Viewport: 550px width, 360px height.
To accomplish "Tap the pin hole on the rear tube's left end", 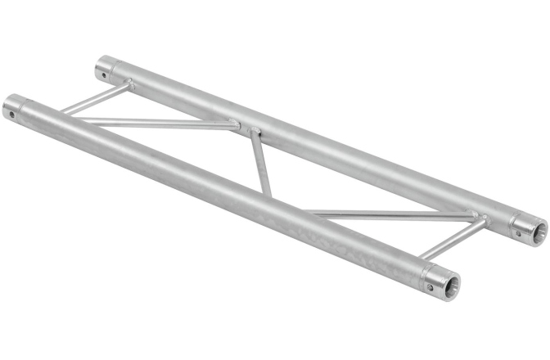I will [105, 74].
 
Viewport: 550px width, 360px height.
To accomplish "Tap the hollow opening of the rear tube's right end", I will [536, 233].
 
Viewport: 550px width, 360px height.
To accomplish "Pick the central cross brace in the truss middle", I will [259, 164].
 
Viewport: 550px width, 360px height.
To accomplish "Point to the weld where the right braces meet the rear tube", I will [483, 218].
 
